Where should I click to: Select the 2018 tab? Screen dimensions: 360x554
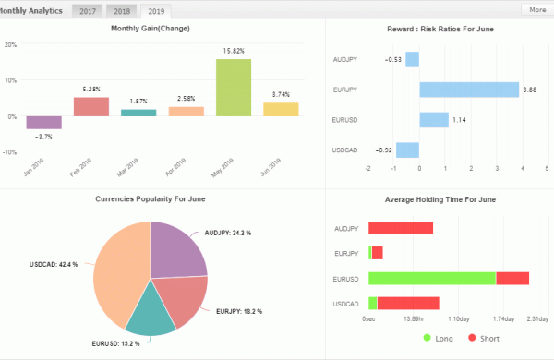click(x=121, y=11)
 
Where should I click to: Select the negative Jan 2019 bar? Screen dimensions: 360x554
click(x=44, y=122)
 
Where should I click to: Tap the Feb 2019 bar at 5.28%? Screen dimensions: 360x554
click(x=91, y=106)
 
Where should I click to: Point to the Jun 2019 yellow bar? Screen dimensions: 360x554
click(x=281, y=109)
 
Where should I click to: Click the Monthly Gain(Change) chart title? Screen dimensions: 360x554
click(x=151, y=30)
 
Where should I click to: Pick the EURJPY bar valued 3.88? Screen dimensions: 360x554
click(x=469, y=90)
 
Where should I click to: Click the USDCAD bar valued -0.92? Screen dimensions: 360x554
click(x=407, y=150)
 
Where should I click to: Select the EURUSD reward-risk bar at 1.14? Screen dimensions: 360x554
click(x=434, y=120)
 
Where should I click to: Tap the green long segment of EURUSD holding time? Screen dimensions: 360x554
click(x=431, y=278)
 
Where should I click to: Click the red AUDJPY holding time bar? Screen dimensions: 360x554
click(x=401, y=228)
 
